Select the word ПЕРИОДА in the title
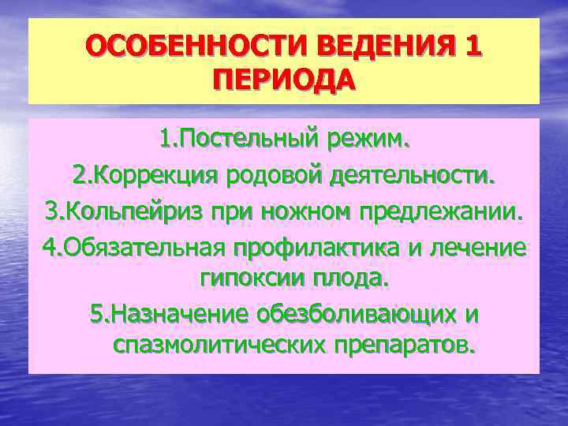[284, 81]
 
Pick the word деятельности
[415, 176]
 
